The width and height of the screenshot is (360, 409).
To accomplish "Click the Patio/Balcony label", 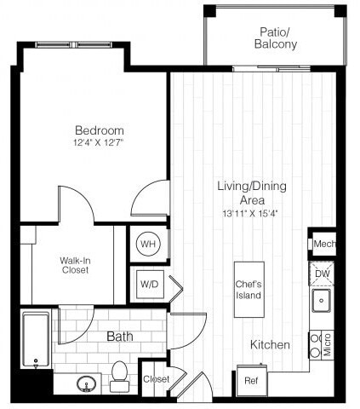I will [x=276, y=38].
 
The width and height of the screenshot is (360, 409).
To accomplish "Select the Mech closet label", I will [x=324, y=244].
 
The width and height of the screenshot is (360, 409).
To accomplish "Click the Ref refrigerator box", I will [x=251, y=379].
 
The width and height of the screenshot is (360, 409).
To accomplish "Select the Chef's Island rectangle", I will [x=249, y=290].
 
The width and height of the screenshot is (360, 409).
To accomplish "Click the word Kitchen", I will [x=271, y=345].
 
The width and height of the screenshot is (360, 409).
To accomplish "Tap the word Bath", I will [x=120, y=337].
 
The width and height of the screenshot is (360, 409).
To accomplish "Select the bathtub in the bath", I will [x=36, y=341].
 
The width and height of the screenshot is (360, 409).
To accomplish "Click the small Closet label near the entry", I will [x=155, y=378].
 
